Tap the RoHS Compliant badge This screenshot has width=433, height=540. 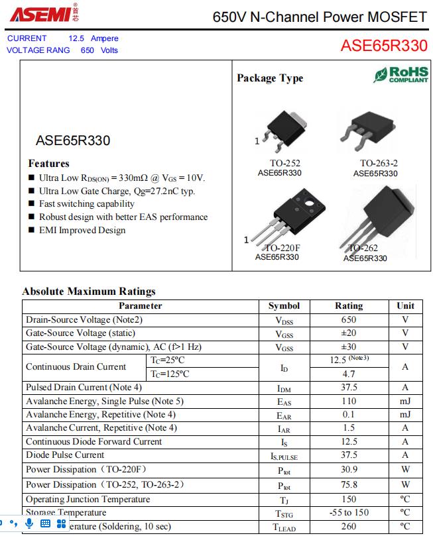click(401, 74)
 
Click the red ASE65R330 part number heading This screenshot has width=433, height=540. click(383, 46)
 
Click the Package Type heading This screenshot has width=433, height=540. click(270, 78)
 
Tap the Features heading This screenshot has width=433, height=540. click(48, 164)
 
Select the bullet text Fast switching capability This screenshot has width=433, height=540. click(86, 204)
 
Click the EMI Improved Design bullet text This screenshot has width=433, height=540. click(82, 231)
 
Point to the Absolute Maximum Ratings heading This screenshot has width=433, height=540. click(89, 292)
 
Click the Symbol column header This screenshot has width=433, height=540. click(284, 306)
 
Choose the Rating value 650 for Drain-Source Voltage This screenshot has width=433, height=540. click(349, 319)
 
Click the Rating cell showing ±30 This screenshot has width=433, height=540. click(349, 347)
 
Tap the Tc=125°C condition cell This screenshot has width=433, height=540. click(170, 374)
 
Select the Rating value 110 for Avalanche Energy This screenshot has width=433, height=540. click(349, 401)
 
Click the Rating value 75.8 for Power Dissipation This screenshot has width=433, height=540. click(349, 484)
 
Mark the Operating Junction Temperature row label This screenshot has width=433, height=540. click(88, 500)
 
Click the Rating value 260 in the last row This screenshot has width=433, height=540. click(349, 527)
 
